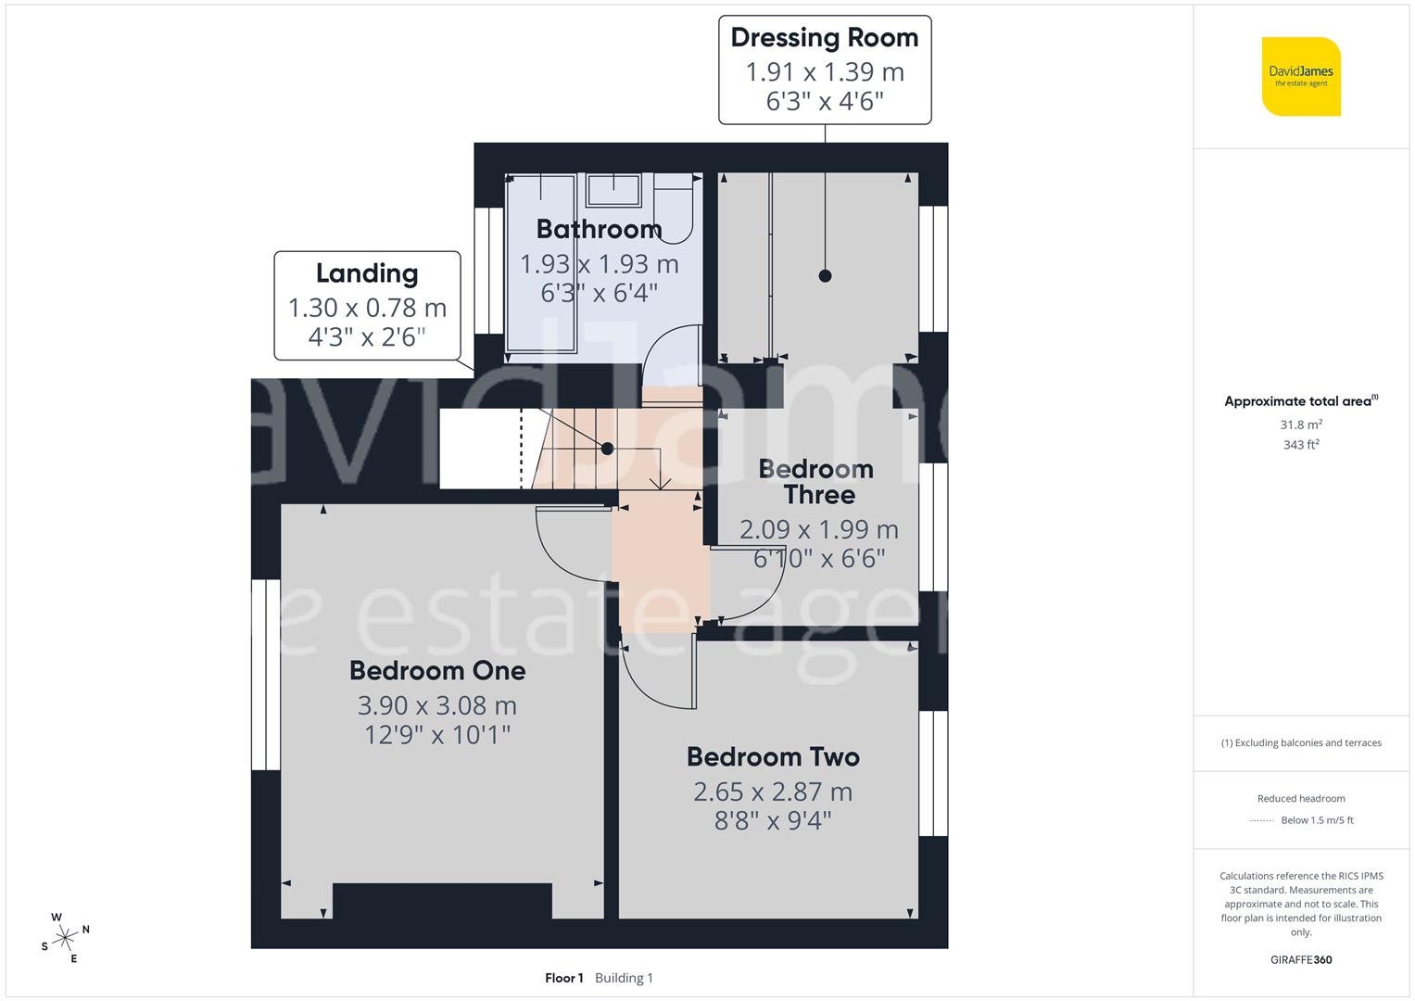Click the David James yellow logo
pos(1301,76)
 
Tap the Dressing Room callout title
pos(824,38)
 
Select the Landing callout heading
pos(367,273)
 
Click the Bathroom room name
pos(599,229)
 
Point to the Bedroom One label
pos(437,670)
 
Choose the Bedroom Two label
pos(773,757)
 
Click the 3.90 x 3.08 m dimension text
pos(437,705)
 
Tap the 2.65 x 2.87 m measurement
pos(773,792)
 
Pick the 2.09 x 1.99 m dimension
pos(819,529)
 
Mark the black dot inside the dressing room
pos(825,275)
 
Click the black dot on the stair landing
pos(607,449)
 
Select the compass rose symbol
pos(65,938)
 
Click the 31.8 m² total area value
pos(1301,424)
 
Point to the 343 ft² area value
pos(1301,445)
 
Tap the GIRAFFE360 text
pos(1301,959)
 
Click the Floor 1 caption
pos(564,978)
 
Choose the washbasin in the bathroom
pos(613,190)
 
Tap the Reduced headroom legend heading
pos(1301,798)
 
